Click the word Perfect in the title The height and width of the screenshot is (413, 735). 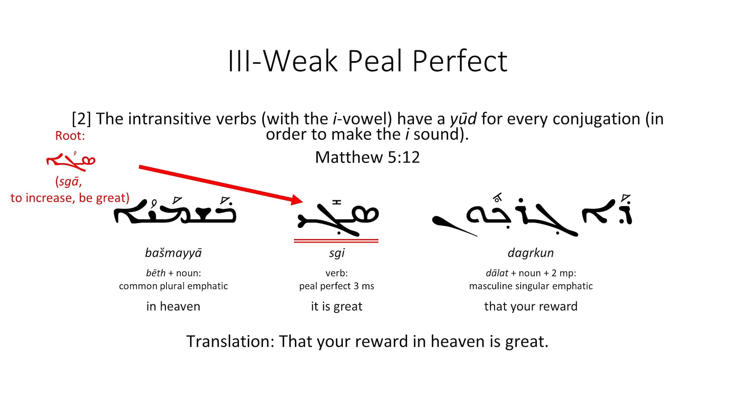pos(459,61)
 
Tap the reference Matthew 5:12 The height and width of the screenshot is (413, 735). pos(367,157)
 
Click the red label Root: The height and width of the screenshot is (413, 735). pos(70,136)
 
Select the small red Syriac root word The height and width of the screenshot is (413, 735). pos(71,161)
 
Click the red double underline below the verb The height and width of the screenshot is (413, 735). pos(336,241)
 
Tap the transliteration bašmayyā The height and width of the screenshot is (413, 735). pos(173,253)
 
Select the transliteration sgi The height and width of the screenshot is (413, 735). pos(336,253)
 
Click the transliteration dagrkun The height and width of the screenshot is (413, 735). pos(531,253)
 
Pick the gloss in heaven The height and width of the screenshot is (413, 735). pos(173,306)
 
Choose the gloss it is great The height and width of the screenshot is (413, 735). pos(336,306)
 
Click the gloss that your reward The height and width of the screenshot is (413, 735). pos(531,306)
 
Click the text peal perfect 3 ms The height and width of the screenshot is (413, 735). pos(336,286)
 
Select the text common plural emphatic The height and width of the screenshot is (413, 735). pos(173,286)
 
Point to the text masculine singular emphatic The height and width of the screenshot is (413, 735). pos(531,286)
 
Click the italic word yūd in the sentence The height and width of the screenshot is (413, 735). pos(463,119)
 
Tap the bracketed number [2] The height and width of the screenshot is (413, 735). pos(81,119)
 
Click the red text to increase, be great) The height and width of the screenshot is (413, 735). pos(70,198)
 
